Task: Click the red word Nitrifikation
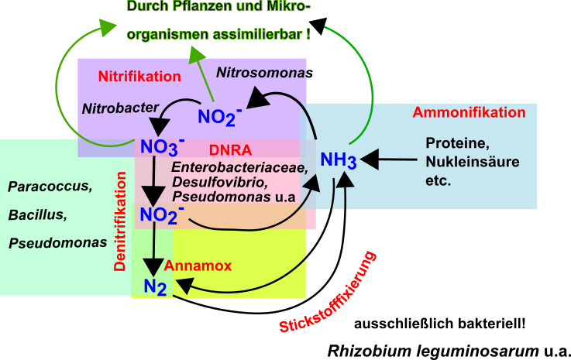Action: tap(139, 77)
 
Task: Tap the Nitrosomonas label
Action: tap(262, 73)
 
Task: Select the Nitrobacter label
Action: tap(120, 108)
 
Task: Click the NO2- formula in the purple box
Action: tap(219, 116)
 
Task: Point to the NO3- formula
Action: tap(161, 146)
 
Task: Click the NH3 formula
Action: tap(339, 160)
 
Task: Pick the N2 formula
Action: tap(155, 287)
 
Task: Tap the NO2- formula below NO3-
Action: tap(161, 214)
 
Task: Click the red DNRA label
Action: tap(225, 149)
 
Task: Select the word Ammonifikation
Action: tap(469, 112)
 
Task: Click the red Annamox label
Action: tap(198, 266)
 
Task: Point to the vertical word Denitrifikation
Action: tap(120, 221)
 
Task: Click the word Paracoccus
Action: tap(50, 187)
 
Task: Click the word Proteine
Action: tap(456, 143)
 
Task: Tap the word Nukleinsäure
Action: tap(472, 162)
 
